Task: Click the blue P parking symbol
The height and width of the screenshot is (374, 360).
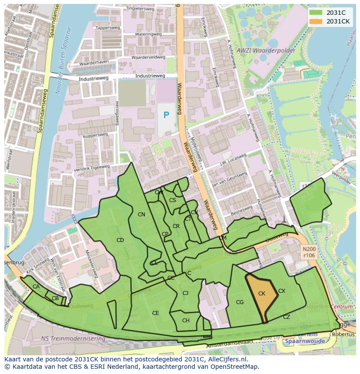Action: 166,115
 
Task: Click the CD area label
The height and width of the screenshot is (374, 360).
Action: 120,240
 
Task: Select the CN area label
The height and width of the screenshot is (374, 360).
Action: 141,215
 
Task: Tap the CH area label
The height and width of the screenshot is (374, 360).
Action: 186,321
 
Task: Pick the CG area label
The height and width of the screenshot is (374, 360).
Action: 240,302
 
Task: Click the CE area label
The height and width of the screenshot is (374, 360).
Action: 155,313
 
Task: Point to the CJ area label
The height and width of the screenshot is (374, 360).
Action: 185,293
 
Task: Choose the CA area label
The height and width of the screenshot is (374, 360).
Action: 36,287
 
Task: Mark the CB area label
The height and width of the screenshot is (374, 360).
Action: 55,298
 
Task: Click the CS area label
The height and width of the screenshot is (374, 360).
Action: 173,200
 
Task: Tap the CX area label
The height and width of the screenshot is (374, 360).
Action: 282,291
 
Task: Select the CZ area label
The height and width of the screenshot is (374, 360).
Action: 286,317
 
